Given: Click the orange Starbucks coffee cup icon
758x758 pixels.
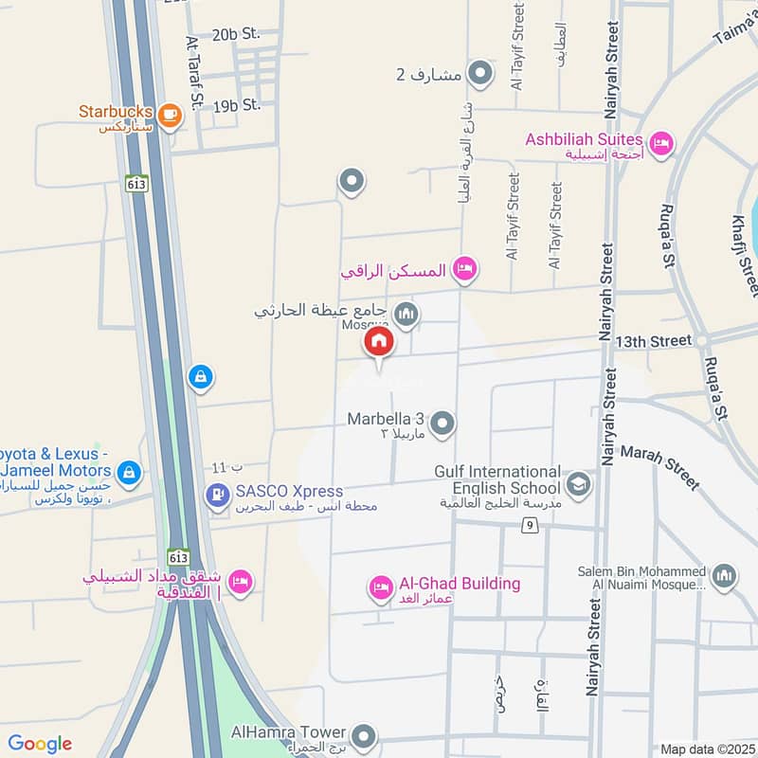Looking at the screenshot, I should (x=170, y=115).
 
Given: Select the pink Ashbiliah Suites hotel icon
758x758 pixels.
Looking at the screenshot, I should (x=661, y=143).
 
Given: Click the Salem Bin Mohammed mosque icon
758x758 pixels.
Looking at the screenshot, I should (x=724, y=577).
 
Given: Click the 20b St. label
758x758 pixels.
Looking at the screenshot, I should (x=236, y=34).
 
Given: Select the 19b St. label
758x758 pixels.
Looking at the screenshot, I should (x=236, y=105).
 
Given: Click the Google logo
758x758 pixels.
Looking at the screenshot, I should (x=40, y=744).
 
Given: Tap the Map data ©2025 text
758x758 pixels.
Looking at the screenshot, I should (x=706, y=749).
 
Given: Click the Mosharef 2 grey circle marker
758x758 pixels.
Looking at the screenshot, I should (x=480, y=73).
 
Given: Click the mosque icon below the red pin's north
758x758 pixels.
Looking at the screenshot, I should (x=406, y=314).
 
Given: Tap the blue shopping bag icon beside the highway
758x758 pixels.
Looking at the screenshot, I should (x=199, y=378).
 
